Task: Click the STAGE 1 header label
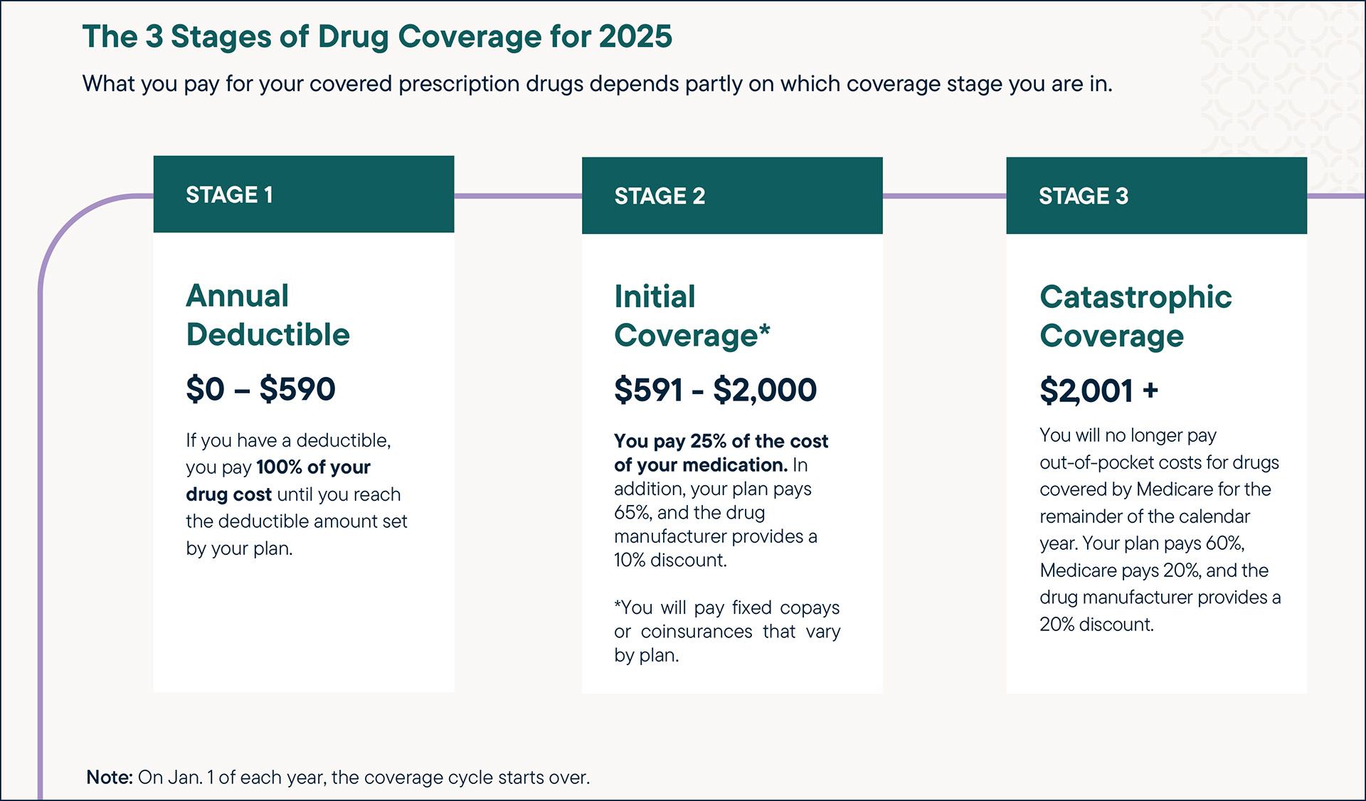229,195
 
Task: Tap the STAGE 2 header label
660,196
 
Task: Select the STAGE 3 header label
1083,196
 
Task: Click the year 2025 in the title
635,37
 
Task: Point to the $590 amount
297,389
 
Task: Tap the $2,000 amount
765,390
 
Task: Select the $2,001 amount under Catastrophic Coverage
1086,391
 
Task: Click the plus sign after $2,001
1150,390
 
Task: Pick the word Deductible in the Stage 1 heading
268,334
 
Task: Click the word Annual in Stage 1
238,296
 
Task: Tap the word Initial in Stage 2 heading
655,297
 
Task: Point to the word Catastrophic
1135,297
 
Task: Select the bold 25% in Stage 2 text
708,441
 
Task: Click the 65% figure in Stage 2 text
630,513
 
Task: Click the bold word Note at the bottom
109,777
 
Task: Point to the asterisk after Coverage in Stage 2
765,329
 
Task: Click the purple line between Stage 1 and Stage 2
518,196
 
